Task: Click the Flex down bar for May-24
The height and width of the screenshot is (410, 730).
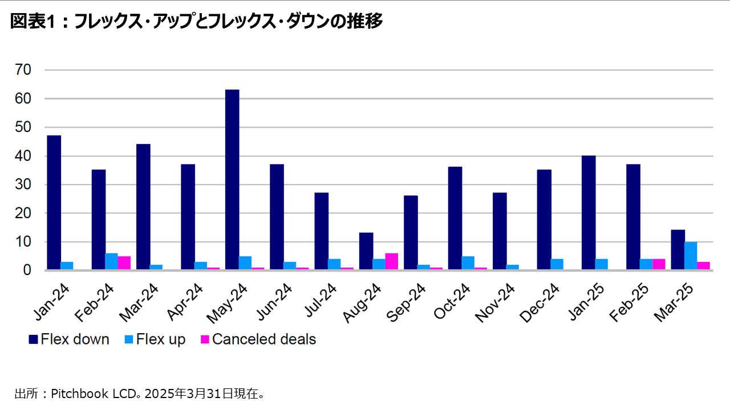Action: [232, 180]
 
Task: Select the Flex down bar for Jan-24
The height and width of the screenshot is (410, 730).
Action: [54, 203]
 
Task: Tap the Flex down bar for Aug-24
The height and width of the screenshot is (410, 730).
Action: [366, 252]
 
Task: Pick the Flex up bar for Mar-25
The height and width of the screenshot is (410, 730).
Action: [691, 256]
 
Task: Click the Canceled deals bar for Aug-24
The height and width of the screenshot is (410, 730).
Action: [391, 262]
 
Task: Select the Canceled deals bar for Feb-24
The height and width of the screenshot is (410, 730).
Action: [124, 263]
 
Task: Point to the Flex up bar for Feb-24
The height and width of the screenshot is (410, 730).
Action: [111, 262]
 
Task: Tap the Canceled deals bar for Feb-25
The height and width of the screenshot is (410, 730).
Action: [659, 265]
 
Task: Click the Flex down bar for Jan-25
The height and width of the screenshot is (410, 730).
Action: [589, 213]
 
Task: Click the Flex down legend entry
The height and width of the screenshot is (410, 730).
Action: [68, 340]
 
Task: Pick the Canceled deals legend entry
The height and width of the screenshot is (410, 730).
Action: [257, 340]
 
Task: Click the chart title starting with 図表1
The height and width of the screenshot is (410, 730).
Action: [196, 22]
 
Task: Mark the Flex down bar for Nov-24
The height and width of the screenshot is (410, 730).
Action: [500, 232]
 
